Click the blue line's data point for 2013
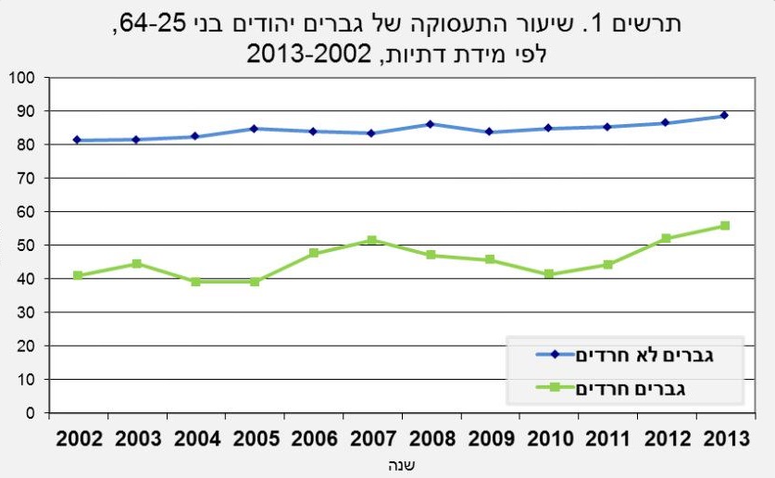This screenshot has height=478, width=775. [x=724, y=116]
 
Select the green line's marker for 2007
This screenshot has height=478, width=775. [x=371, y=240]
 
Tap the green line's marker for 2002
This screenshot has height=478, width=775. [x=78, y=275]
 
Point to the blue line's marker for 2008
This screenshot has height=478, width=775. [x=431, y=124]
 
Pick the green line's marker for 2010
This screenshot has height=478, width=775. [x=548, y=274]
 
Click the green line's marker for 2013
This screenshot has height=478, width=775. [x=724, y=226]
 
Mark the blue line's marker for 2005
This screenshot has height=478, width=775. [x=254, y=129]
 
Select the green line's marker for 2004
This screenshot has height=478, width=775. [x=195, y=282]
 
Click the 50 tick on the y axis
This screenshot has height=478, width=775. [x=25, y=245]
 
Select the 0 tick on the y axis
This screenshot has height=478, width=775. [x=30, y=413]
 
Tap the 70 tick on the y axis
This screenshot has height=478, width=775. [x=25, y=178]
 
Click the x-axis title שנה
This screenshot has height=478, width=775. [x=400, y=465]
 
